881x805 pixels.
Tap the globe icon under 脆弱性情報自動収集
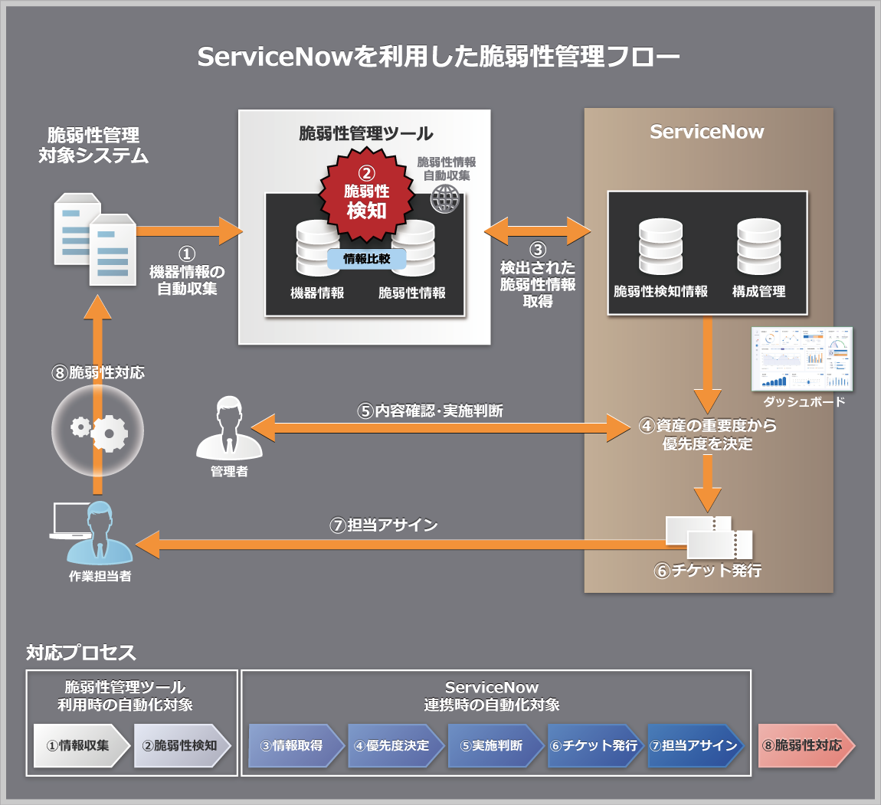(x=444, y=198)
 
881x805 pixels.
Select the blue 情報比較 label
(x=366, y=259)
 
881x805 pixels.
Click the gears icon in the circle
(x=97, y=431)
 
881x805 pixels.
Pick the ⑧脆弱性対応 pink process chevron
(x=805, y=745)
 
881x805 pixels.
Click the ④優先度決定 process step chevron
(x=393, y=745)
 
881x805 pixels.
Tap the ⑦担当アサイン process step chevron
(x=693, y=745)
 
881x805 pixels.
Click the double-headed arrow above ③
(x=538, y=229)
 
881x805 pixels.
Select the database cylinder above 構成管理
(x=758, y=247)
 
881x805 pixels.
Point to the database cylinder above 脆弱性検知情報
(x=660, y=247)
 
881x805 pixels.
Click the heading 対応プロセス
(x=81, y=653)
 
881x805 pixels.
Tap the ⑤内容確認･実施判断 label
(x=431, y=411)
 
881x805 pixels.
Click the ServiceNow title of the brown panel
(x=706, y=132)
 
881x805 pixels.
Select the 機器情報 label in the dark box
(x=317, y=293)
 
